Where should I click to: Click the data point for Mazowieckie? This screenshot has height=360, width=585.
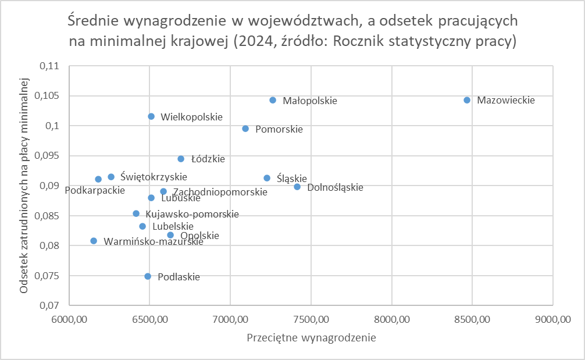(x=467, y=100)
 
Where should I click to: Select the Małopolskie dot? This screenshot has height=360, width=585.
(x=273, y=100)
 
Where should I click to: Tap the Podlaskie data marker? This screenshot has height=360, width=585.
(x=148, y=276)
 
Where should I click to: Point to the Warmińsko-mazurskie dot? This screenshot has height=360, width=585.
(x=94, y=241)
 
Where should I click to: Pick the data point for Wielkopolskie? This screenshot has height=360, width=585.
(x=151, y=116)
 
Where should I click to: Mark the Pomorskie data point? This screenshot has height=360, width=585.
(x=245, y=129)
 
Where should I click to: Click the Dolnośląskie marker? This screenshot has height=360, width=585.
(x=297, y=187)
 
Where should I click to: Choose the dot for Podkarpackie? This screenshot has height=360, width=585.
(x=98, y=179)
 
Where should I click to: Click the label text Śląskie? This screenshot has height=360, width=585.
(x=292, y=179)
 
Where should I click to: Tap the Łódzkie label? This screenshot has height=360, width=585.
(x=208, y=159)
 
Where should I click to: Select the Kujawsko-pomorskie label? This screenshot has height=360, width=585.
(x=192, y=214)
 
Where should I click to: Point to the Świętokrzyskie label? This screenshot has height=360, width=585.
(x=154, y=177)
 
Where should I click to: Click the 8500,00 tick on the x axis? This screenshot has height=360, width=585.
(x=472, y=319)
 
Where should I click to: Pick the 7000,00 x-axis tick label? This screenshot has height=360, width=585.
(x=230, y=319)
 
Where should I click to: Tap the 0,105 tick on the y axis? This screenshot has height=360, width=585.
(x=49, y=96)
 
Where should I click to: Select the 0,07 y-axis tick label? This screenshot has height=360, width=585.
(x=51, y=306)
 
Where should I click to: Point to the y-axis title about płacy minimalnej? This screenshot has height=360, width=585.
(x=24, y=185)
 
